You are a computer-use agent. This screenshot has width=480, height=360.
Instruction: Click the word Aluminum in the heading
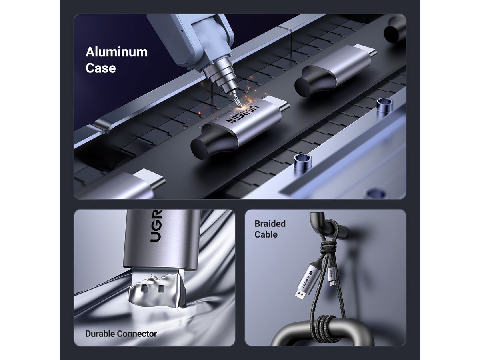pos(116,52)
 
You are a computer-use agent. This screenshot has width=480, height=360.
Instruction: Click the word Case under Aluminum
pos(100,68)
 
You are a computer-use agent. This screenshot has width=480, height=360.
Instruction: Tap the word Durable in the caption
pos(100,334)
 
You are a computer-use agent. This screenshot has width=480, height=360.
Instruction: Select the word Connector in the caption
pos(137,334)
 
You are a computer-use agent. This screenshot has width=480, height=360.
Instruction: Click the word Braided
pos(270,224)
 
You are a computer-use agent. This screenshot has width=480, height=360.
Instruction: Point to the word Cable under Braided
pos(266,234)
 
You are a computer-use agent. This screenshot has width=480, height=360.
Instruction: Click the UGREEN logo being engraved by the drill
pos(242,115)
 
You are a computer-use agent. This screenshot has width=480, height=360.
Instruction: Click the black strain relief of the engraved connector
pos(210,142)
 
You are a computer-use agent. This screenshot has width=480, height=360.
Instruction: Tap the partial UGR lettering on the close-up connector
pos(156,226)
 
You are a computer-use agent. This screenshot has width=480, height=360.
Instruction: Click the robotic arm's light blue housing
pos(192,35)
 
